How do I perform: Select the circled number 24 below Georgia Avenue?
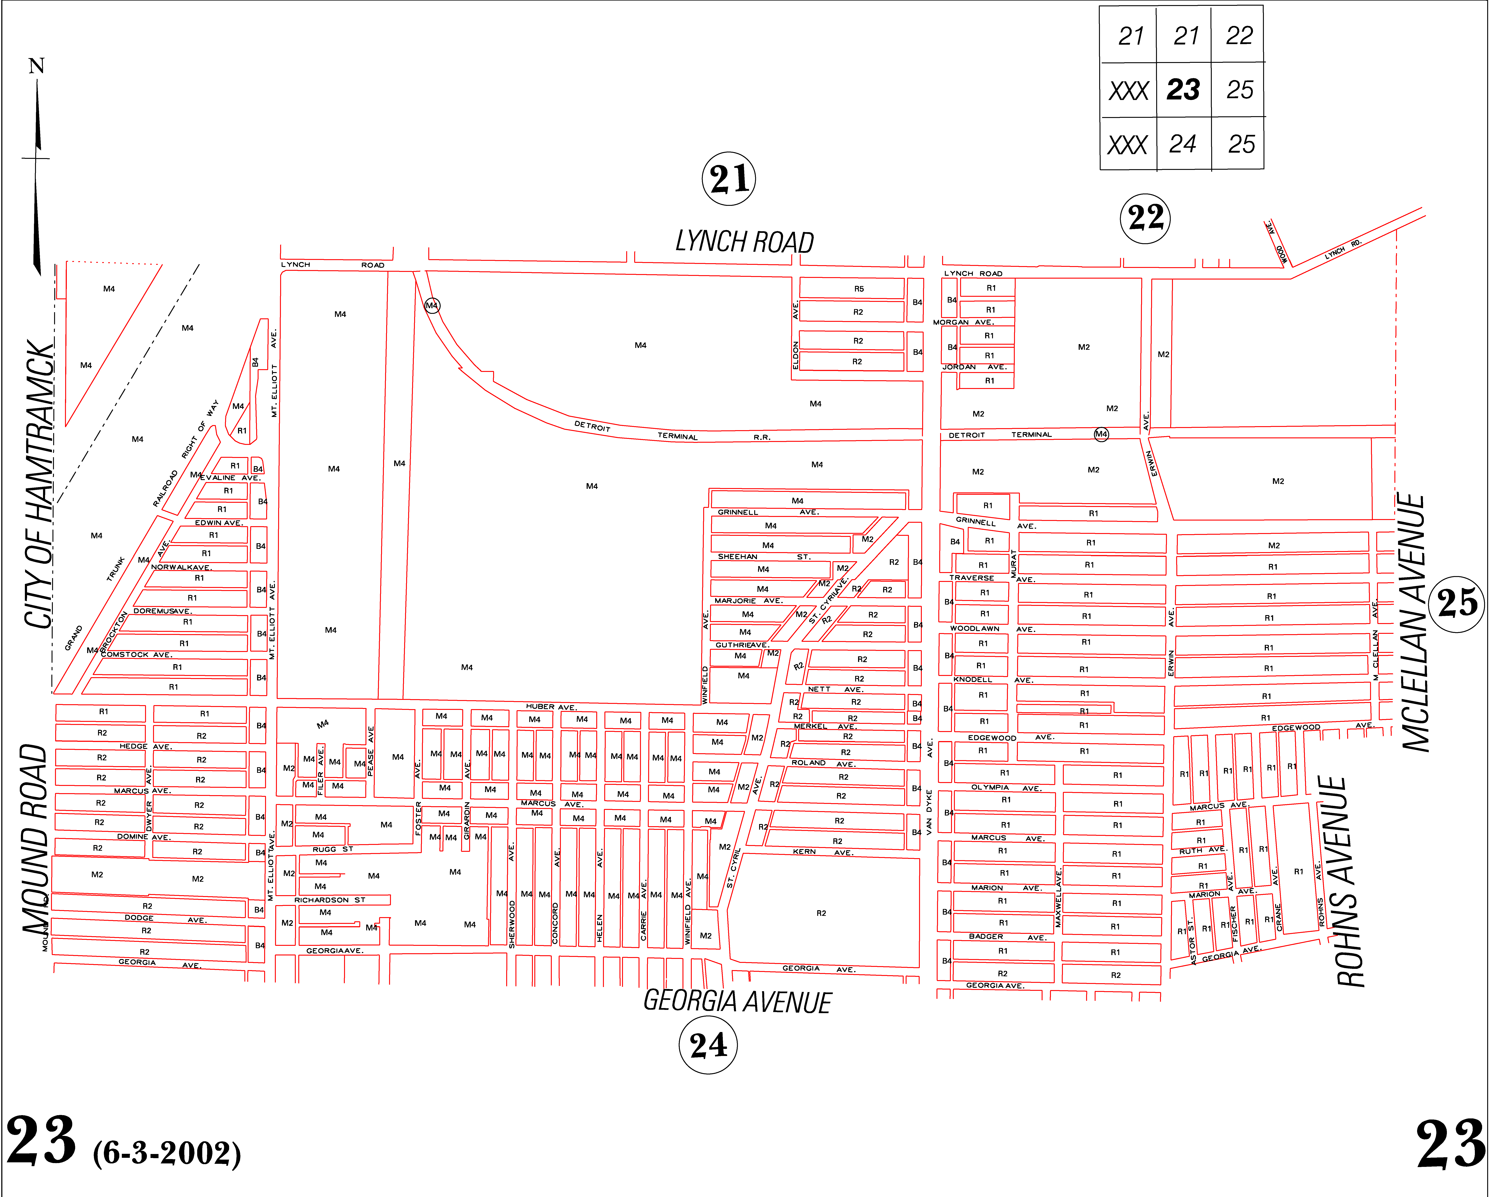[708, 1045]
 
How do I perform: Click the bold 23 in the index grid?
[1183, 89]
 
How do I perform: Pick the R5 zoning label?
[859, 289]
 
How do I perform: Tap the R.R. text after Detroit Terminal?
[762, 438]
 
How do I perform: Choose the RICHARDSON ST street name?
[330, 900]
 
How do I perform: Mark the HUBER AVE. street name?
[551, 707]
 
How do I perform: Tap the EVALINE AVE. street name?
[230, 478]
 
